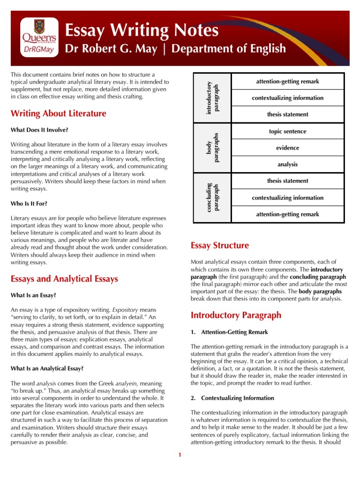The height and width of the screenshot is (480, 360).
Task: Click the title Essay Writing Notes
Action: point(141,31)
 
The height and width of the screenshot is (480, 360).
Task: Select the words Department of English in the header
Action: point(229,49)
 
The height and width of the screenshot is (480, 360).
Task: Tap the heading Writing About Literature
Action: point(58,113)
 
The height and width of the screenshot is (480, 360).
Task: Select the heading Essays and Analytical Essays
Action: point(64,279)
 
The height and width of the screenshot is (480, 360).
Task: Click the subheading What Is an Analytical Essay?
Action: point(47,368)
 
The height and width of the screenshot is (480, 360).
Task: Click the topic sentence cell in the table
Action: point(287,132)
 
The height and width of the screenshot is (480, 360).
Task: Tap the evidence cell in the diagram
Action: point(287,148)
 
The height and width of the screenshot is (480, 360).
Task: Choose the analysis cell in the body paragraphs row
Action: point(287,165)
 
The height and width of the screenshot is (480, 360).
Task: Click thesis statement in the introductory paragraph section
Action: point(287,114)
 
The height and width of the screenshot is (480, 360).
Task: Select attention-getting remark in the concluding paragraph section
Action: point(287,214)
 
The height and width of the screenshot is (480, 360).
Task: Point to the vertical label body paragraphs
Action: point(212,148)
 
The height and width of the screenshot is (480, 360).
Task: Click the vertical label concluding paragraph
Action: point(212,197)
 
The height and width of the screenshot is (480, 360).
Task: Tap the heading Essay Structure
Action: point(219,246)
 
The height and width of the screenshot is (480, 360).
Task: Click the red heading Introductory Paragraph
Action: point(235,315)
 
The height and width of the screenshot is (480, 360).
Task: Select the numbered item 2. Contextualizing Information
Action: point(232,398)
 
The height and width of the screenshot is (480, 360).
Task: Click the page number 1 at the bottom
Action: point(180,454)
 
